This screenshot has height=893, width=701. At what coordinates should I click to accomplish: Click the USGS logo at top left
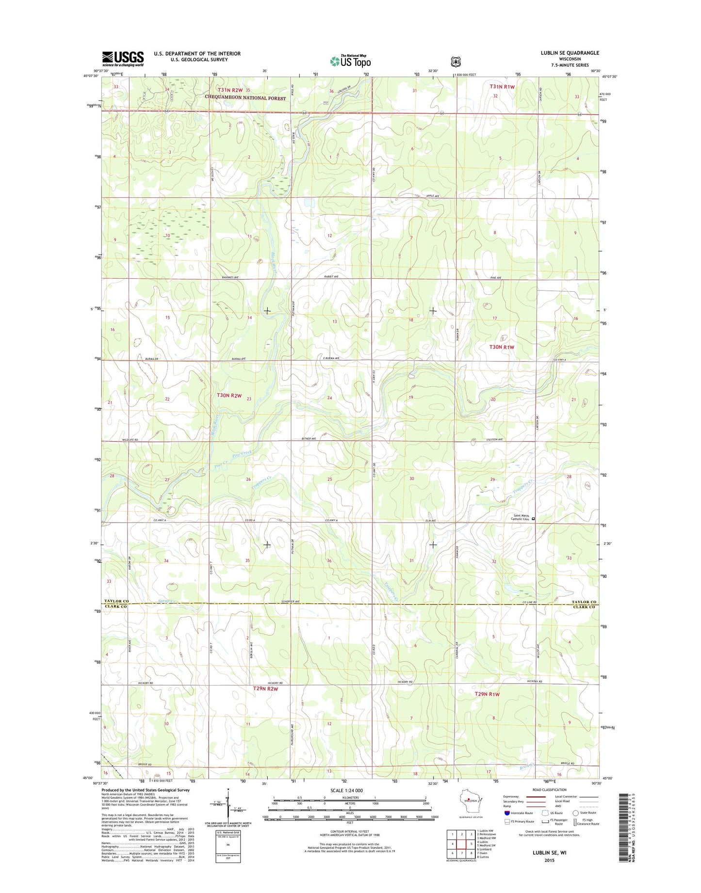pyautogui.click(x=123, y=59)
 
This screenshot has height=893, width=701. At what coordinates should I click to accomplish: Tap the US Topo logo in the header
pyautogui.click(x=350, y=61)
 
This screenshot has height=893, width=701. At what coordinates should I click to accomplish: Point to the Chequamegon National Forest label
pyautogui.click(x=245, y=98)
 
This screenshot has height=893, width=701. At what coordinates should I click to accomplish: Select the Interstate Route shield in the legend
pyautogui.click(x=507, y=813)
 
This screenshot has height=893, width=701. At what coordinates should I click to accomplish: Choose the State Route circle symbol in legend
pyautogui.click(x=575, y=813)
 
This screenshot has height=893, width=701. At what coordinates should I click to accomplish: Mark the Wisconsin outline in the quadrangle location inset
pyautogui.click(x=468, y=801)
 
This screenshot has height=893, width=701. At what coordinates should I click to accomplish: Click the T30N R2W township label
pyautogui.click(x=229, y=396)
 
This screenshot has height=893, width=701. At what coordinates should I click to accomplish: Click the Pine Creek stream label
pyautogui.click(x=242, y=453)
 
